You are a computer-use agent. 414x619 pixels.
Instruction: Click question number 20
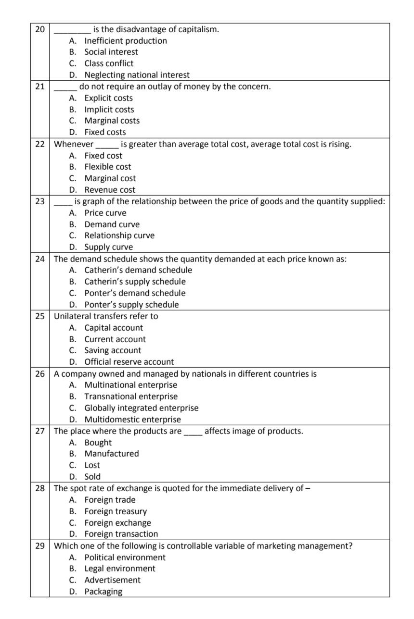coord(39,29)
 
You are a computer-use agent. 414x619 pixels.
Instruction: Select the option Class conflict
coord(109,63)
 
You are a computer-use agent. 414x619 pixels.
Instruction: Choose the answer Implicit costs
coord(109,110)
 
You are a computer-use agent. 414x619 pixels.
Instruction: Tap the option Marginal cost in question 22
coord(110,178)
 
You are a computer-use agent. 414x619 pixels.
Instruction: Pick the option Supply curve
coord(108,247)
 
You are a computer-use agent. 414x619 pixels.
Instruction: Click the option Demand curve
coord(112,224)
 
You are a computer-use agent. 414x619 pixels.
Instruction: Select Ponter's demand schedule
coord(135,293)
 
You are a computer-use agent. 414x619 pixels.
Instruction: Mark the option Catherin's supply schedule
coord(135,282)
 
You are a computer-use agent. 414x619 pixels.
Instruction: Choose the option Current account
coord(115,339)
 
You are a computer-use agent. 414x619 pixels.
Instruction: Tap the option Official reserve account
coord(129,362)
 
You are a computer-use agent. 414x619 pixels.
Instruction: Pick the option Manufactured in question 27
coord(112,454)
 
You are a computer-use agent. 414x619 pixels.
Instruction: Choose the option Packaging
coord(103,592)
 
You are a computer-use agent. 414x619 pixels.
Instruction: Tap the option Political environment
coord(125,557)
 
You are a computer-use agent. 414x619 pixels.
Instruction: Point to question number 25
coord(39,316)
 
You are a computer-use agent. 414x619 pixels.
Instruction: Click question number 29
coord(39,546)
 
